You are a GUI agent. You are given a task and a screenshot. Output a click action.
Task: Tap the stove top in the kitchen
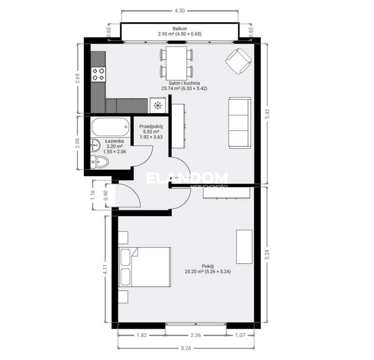pyautogui.click(x=99, y=74)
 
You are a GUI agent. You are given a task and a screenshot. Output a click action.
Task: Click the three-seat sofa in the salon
pyautogui.click(x=239, y=122)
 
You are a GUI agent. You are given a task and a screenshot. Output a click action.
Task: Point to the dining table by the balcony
pyautogui.click(x=176, y=63)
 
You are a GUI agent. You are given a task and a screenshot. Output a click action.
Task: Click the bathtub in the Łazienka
pyautogui.click(x=110, y=126)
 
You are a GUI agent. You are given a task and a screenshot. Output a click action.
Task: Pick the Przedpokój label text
pyautogui.click(x=151, y=127)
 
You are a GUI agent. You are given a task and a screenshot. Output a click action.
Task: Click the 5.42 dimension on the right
pyautogui.click(x=267, y=113)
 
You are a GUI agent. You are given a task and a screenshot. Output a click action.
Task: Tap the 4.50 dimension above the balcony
pyautogui.click(x=179, y=10)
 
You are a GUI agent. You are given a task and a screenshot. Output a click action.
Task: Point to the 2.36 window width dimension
pyautogui.click(x=195, y=335)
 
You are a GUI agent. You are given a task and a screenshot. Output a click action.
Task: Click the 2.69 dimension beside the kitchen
pyautogui.click(x=78, y=78)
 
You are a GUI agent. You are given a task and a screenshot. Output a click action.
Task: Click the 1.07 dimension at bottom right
pyautogui.click(x=240, y=335)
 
